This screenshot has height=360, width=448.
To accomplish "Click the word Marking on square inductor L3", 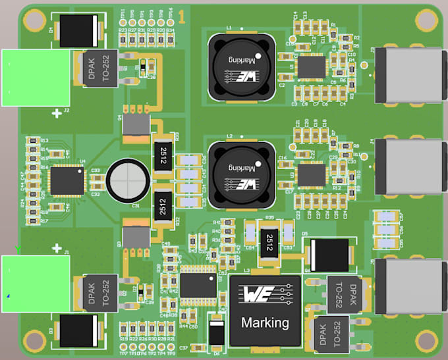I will (x=265, y=322).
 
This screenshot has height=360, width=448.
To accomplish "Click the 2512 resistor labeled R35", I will (x=269, y=242).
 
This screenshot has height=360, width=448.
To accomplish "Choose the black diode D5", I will (x=328, y=253).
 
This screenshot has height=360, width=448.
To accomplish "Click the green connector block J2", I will (x=35, y=78).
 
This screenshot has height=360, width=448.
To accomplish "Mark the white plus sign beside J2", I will (x=57, y=114).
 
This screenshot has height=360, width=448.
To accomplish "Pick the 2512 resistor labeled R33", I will (x=163, y=156).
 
